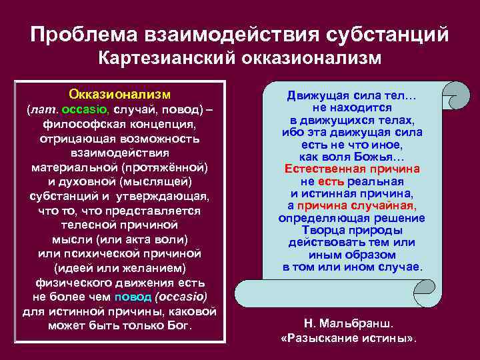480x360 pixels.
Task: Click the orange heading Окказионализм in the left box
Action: pyautogui.click(x=120, y=93)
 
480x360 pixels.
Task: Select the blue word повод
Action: pyautogui.click(x=133, y=297)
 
